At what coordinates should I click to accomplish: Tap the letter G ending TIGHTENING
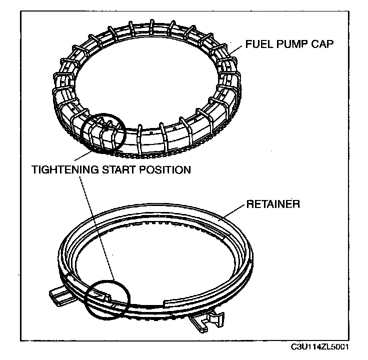(x=98, y=170)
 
